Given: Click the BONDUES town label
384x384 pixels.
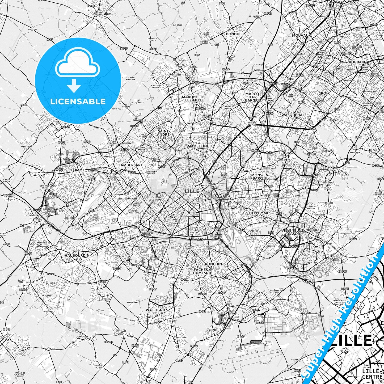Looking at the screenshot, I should tap(235, 34).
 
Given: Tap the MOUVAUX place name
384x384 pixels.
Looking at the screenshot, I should tap(301, 35).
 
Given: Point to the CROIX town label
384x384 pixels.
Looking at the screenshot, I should tap(324, 93).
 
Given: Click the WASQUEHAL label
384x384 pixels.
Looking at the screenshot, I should tap(293, 115).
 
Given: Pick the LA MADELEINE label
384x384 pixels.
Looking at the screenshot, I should tap(198, 144).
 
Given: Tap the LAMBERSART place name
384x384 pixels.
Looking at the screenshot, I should tap(130, 165).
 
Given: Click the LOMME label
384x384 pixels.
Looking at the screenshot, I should tap(78, 170).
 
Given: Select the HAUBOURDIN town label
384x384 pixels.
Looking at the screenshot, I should tap(77, 255).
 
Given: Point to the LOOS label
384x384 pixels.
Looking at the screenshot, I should tap(122, 256).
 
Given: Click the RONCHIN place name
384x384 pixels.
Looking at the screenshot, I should tap(213, 264).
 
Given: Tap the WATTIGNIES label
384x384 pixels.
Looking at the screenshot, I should tap(157, 310).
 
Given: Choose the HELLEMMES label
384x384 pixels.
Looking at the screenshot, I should tap(260, 213).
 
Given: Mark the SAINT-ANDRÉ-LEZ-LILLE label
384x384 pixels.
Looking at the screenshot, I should tap(165, 134).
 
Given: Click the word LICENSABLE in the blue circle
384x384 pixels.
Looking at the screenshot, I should tap(78, 101).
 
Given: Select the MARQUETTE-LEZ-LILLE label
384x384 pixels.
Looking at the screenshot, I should tap(193, 98).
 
